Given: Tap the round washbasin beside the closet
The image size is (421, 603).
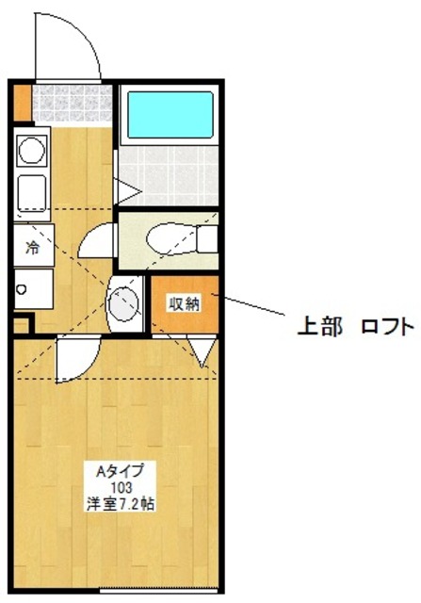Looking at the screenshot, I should [x=122, y=303].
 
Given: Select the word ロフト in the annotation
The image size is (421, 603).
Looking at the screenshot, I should [x=387, y=327].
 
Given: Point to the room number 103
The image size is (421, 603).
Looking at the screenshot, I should [x=120, y=486].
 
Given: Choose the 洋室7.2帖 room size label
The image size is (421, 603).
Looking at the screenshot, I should [x=120, y=503].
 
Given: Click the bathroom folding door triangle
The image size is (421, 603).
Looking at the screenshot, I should [x=128, y=192].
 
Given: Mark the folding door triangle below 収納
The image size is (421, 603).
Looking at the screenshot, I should [x=203, y=352].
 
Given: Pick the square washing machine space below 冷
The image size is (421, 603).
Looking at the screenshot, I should [x=33, y=287].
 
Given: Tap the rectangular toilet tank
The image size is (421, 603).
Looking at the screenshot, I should [x=208, y=237].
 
